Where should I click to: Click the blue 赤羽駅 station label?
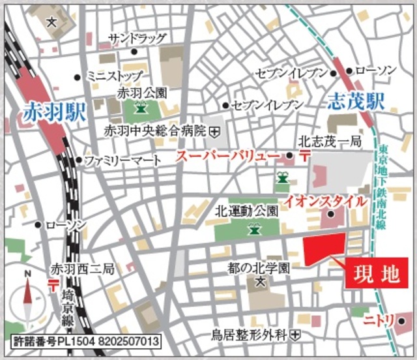click(x=54, y=112)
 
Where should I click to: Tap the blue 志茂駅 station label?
click(x=355, y=101)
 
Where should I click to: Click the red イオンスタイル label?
click(x=324, y=202)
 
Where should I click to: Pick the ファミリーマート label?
click(x=117, y=160)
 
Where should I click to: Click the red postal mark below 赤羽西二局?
click(x=51, y=283)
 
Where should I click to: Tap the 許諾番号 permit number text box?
click(x=85, y=341)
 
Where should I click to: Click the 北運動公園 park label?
click(x=246, y=211)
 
